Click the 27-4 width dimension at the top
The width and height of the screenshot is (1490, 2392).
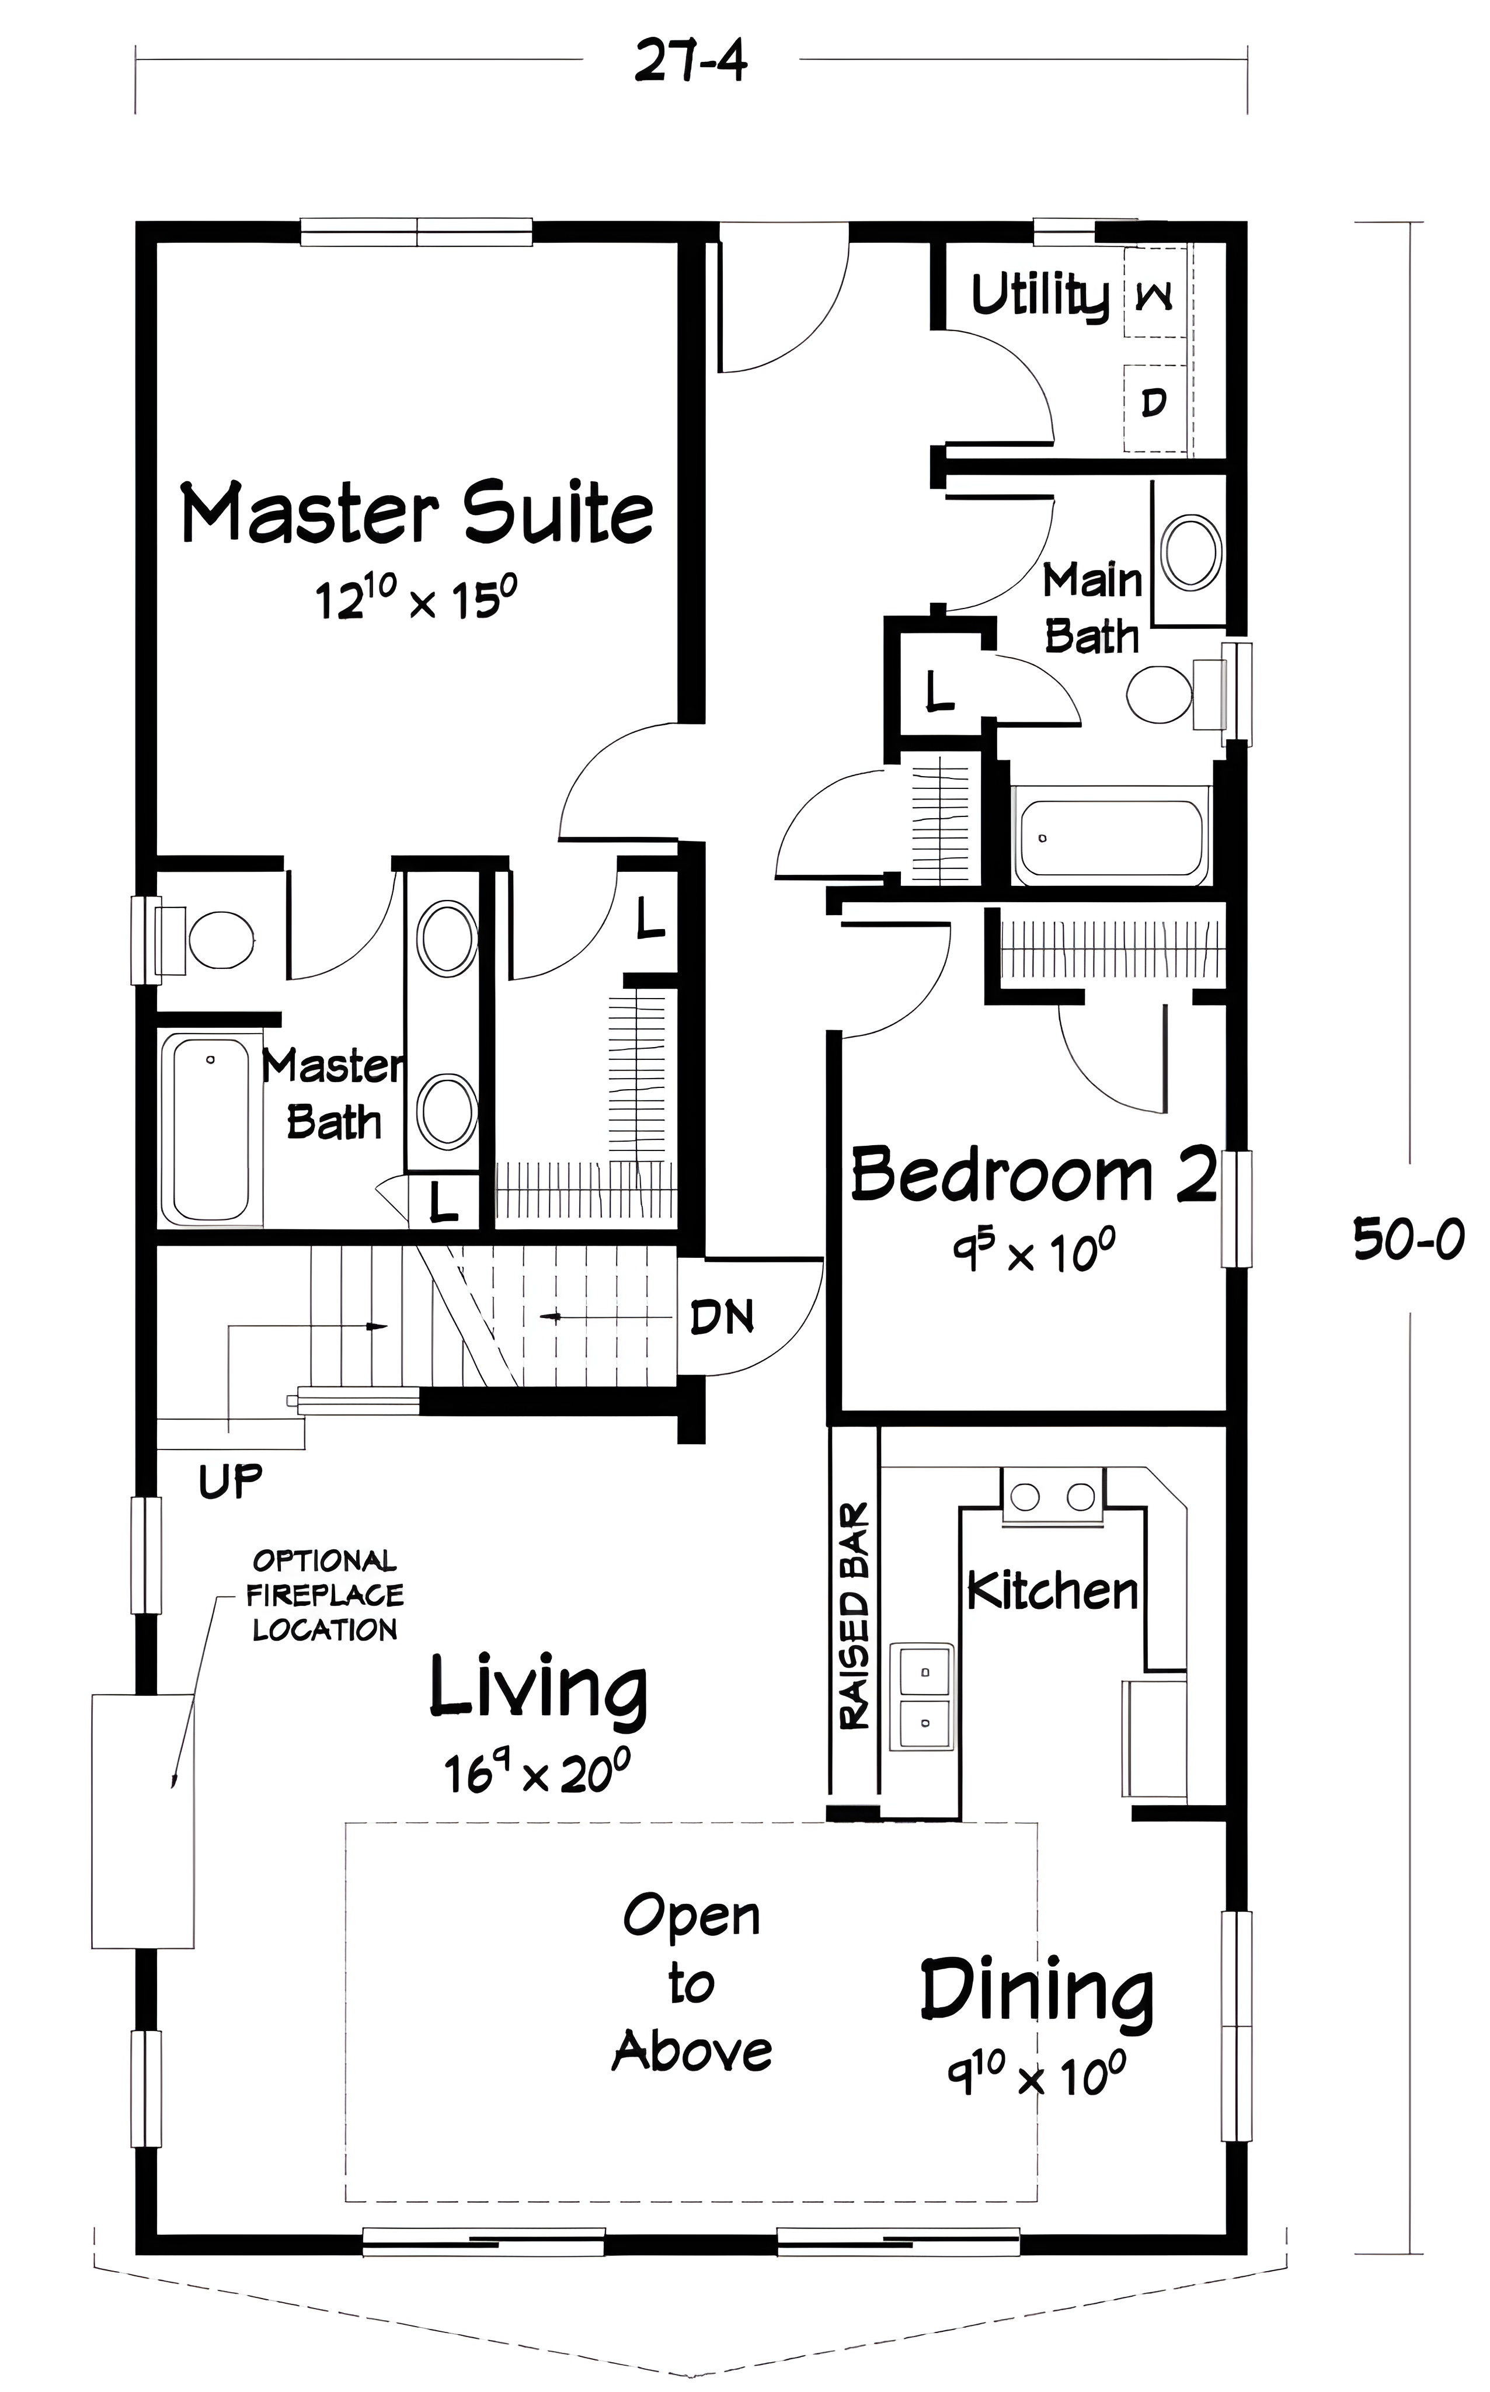coord(690,61)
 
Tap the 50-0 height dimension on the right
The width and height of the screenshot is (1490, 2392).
coord(1409,1239)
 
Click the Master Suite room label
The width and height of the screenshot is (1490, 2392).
coord(417,513)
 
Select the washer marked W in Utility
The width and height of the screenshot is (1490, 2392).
coord(1155,294)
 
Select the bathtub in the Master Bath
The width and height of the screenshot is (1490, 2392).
coord(211,1128)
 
